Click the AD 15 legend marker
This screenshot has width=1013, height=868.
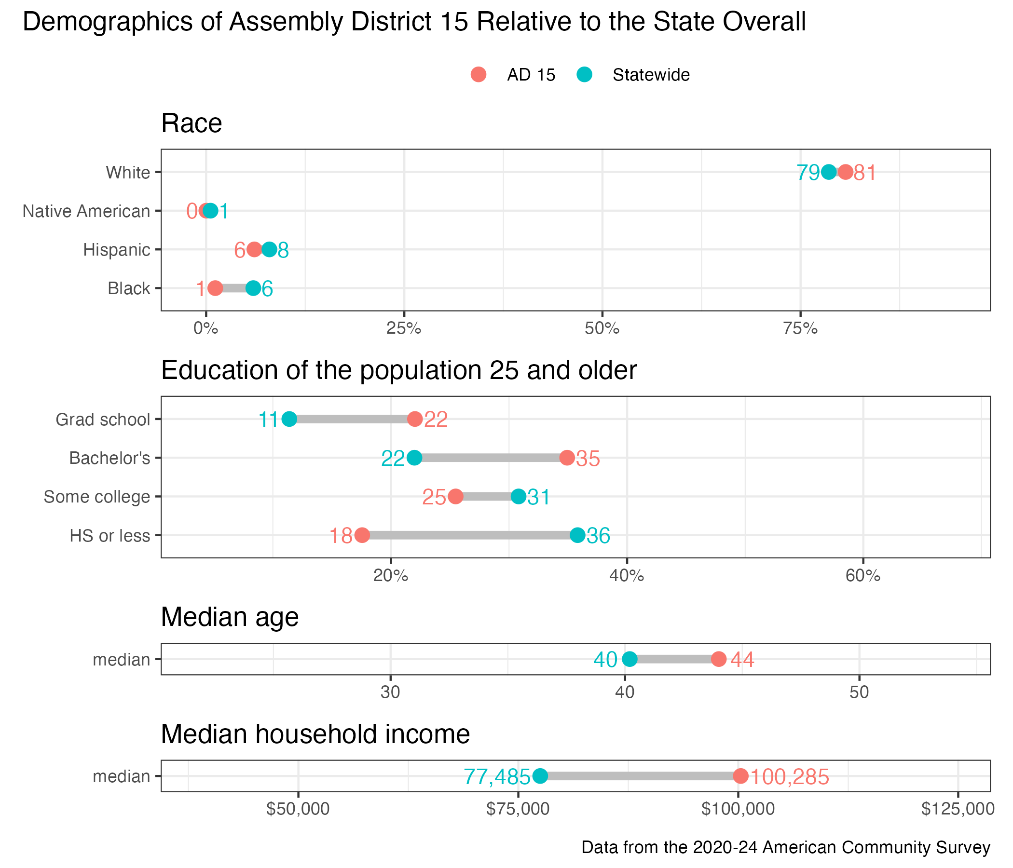tap(479, 75)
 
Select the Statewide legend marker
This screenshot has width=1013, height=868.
tap(584, 75)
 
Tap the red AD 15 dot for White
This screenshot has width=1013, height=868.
tap(845, 172)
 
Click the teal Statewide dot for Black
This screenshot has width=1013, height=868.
tap(253, 288)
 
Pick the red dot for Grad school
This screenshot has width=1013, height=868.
tap(415, 420)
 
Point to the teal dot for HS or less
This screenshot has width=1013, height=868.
tap(577, 535)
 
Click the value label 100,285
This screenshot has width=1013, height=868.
tap(790, 777)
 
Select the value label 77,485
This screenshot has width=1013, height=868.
tap(497, 777)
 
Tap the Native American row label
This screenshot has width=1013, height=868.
tap(86, 211)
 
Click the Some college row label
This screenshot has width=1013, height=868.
tap(97, 497)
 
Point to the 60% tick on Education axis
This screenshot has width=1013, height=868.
tap(863, 576)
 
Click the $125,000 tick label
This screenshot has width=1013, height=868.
tap(958, 809)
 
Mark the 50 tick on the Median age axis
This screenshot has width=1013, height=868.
tap(859, 693)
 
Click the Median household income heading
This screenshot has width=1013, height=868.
tap(315, 734)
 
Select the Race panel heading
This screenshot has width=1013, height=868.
tap(192, 123)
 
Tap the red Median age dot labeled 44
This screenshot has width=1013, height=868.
tap(719, 659)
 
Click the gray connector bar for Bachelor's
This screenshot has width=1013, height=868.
tap(491, 458)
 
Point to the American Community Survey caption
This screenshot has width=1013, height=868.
tap(786, 847)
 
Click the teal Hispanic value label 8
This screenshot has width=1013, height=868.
tap(284, 251)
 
